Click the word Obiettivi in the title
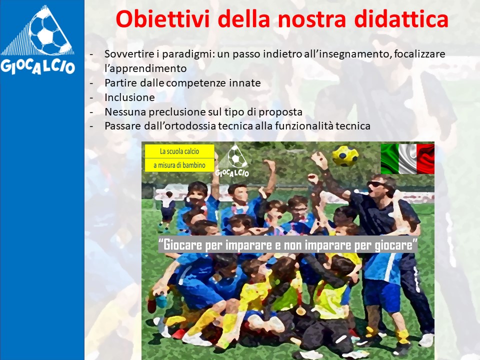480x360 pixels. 162,19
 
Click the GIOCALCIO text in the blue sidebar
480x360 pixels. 37,66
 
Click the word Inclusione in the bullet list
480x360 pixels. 129,97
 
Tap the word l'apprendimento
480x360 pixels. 145,68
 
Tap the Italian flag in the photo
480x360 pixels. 407,158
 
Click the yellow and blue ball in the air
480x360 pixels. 345,155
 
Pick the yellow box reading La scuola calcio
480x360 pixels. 179,151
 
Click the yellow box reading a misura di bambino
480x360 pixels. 179,165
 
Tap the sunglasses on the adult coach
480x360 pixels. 376,184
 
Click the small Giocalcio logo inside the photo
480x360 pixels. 232,160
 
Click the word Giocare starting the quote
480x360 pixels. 183,245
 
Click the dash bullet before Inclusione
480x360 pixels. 91,97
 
